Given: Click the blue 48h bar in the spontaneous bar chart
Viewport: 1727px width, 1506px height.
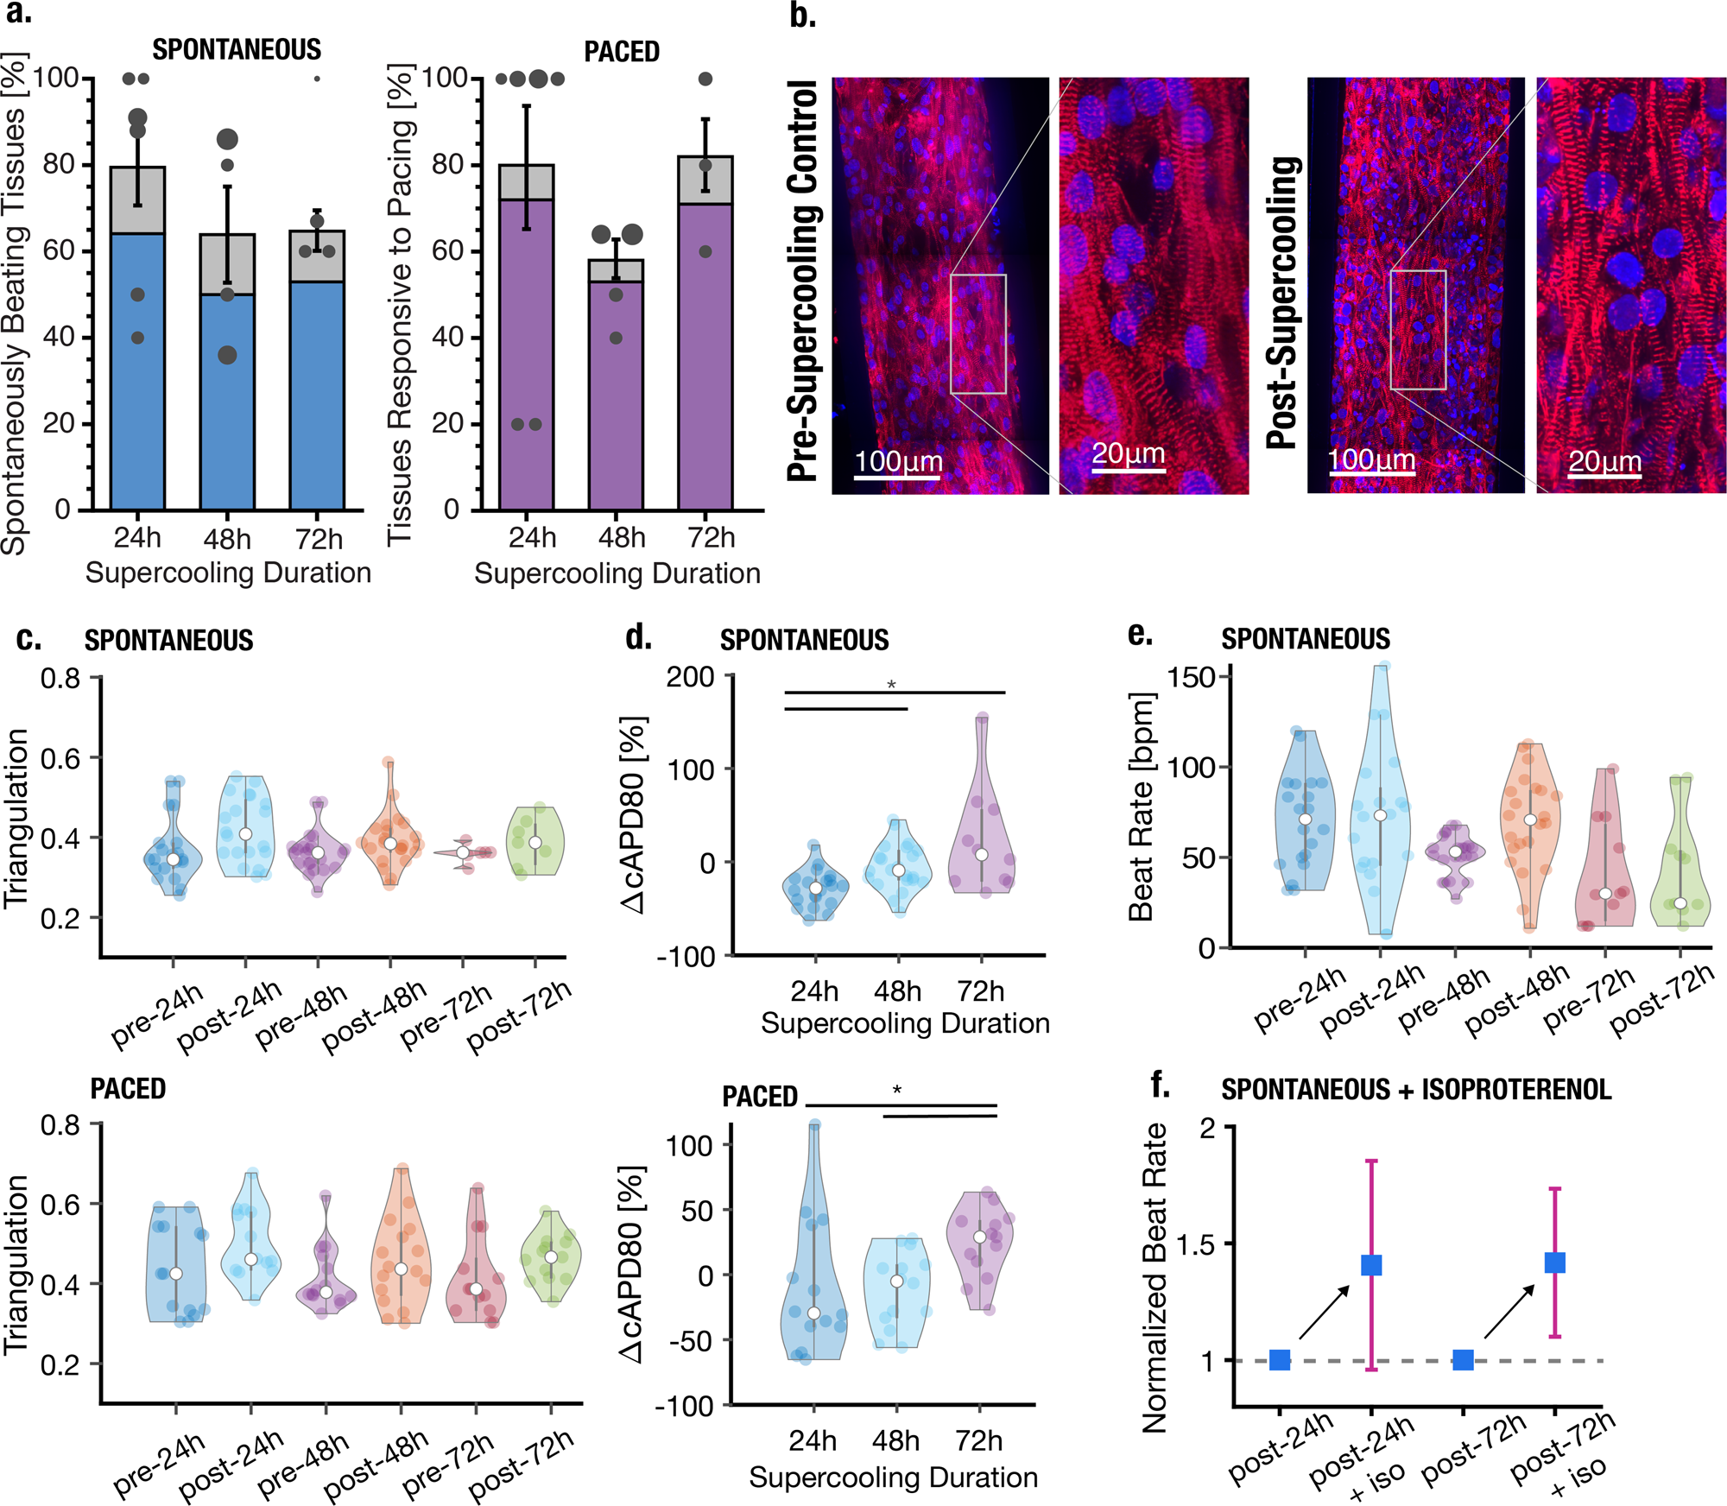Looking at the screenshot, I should coord(227,402).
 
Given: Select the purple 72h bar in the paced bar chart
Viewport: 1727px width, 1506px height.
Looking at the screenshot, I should coord(705,356).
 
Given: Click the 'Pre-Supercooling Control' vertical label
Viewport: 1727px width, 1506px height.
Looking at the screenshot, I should coord(803,281).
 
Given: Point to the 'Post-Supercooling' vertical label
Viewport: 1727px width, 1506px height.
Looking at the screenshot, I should coord(1283,302).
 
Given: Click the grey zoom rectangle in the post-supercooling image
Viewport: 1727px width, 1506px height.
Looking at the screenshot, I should coord(1418,330).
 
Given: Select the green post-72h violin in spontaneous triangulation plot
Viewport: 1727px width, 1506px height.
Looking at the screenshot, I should coord(536,841).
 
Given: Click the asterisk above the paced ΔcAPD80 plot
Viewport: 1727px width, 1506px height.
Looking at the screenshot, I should coord(897,1091).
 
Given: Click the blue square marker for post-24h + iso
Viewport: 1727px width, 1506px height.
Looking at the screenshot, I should coord(1371,1265).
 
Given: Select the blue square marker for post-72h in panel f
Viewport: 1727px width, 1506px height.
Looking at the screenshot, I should coord(1463,1360).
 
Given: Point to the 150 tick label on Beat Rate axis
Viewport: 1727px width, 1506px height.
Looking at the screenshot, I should coord(1192,677).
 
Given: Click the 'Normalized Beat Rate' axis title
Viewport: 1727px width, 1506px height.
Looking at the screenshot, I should coord(1154,1278).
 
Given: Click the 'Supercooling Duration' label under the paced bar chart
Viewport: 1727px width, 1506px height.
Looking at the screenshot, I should coord(617,573).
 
